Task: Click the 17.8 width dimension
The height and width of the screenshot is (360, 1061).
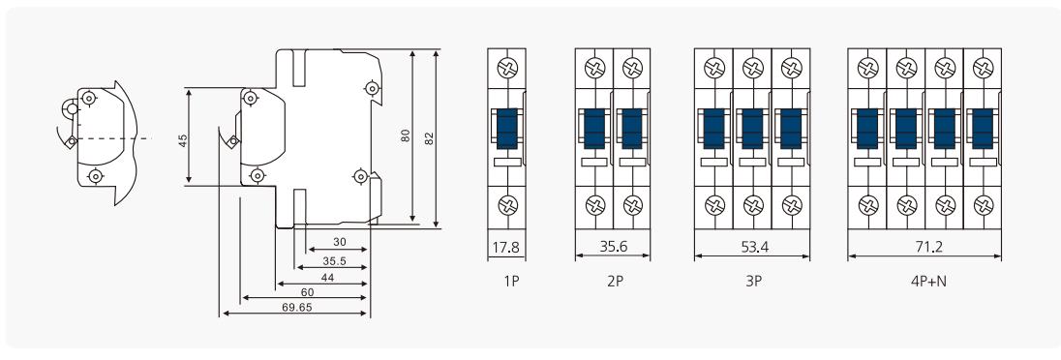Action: point(505,247)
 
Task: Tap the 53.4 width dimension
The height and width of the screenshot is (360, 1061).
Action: point(752,247)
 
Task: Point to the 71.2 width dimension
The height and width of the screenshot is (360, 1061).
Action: point(925,247)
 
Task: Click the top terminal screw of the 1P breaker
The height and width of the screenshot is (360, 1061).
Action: point(505,69)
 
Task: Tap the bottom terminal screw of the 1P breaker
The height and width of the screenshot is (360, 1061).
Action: point(505,204)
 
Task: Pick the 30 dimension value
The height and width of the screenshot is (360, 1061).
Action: point(339,242)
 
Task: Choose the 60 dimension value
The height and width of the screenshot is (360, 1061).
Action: point(308,291)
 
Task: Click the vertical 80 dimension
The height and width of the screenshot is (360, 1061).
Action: point(406,136)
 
